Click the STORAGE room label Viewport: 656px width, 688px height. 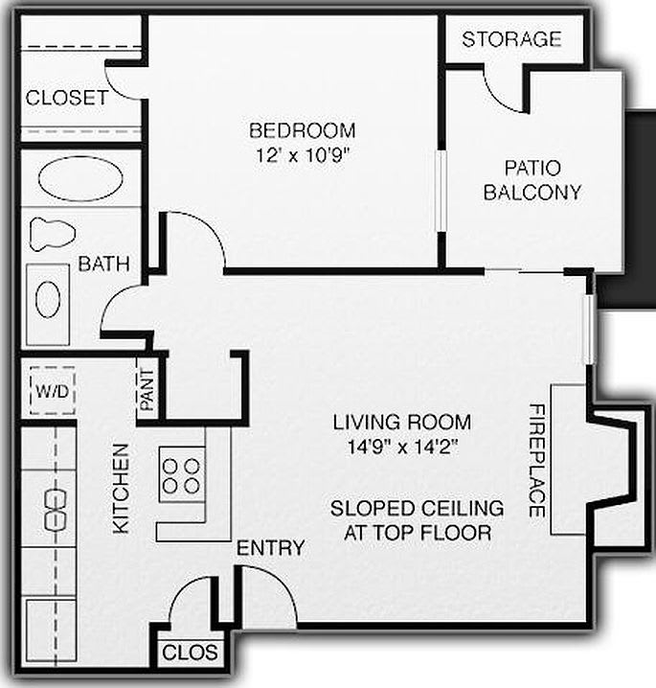pyautogui.click(x=511, y=39)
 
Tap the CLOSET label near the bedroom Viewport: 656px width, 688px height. pyautogui.click(x=66, y=98)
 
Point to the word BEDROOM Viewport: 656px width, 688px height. pyautogui.click(x=302, y=130)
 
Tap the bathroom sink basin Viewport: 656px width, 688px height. pyautogui.click(x=48, y=299)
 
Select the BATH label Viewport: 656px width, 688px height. pyautogui.click(x=104, y=264)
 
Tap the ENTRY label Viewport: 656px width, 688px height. pyautogui.click(x=271, y=548)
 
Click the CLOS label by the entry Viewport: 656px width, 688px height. pyautogui.click(x=190, y=654)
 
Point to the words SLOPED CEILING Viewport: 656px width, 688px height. pyautogui.click(x=417, y=508)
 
